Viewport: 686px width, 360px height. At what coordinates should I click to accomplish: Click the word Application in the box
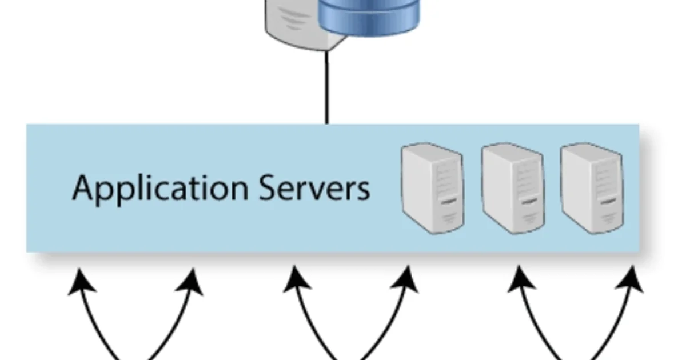(x=159, y=189)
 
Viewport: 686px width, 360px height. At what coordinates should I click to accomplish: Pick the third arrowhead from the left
(x=295, y=280)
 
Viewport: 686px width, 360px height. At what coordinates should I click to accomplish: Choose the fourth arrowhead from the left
(x=407, y=280)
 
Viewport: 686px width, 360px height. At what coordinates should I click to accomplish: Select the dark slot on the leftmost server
(x=449, y=201)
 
